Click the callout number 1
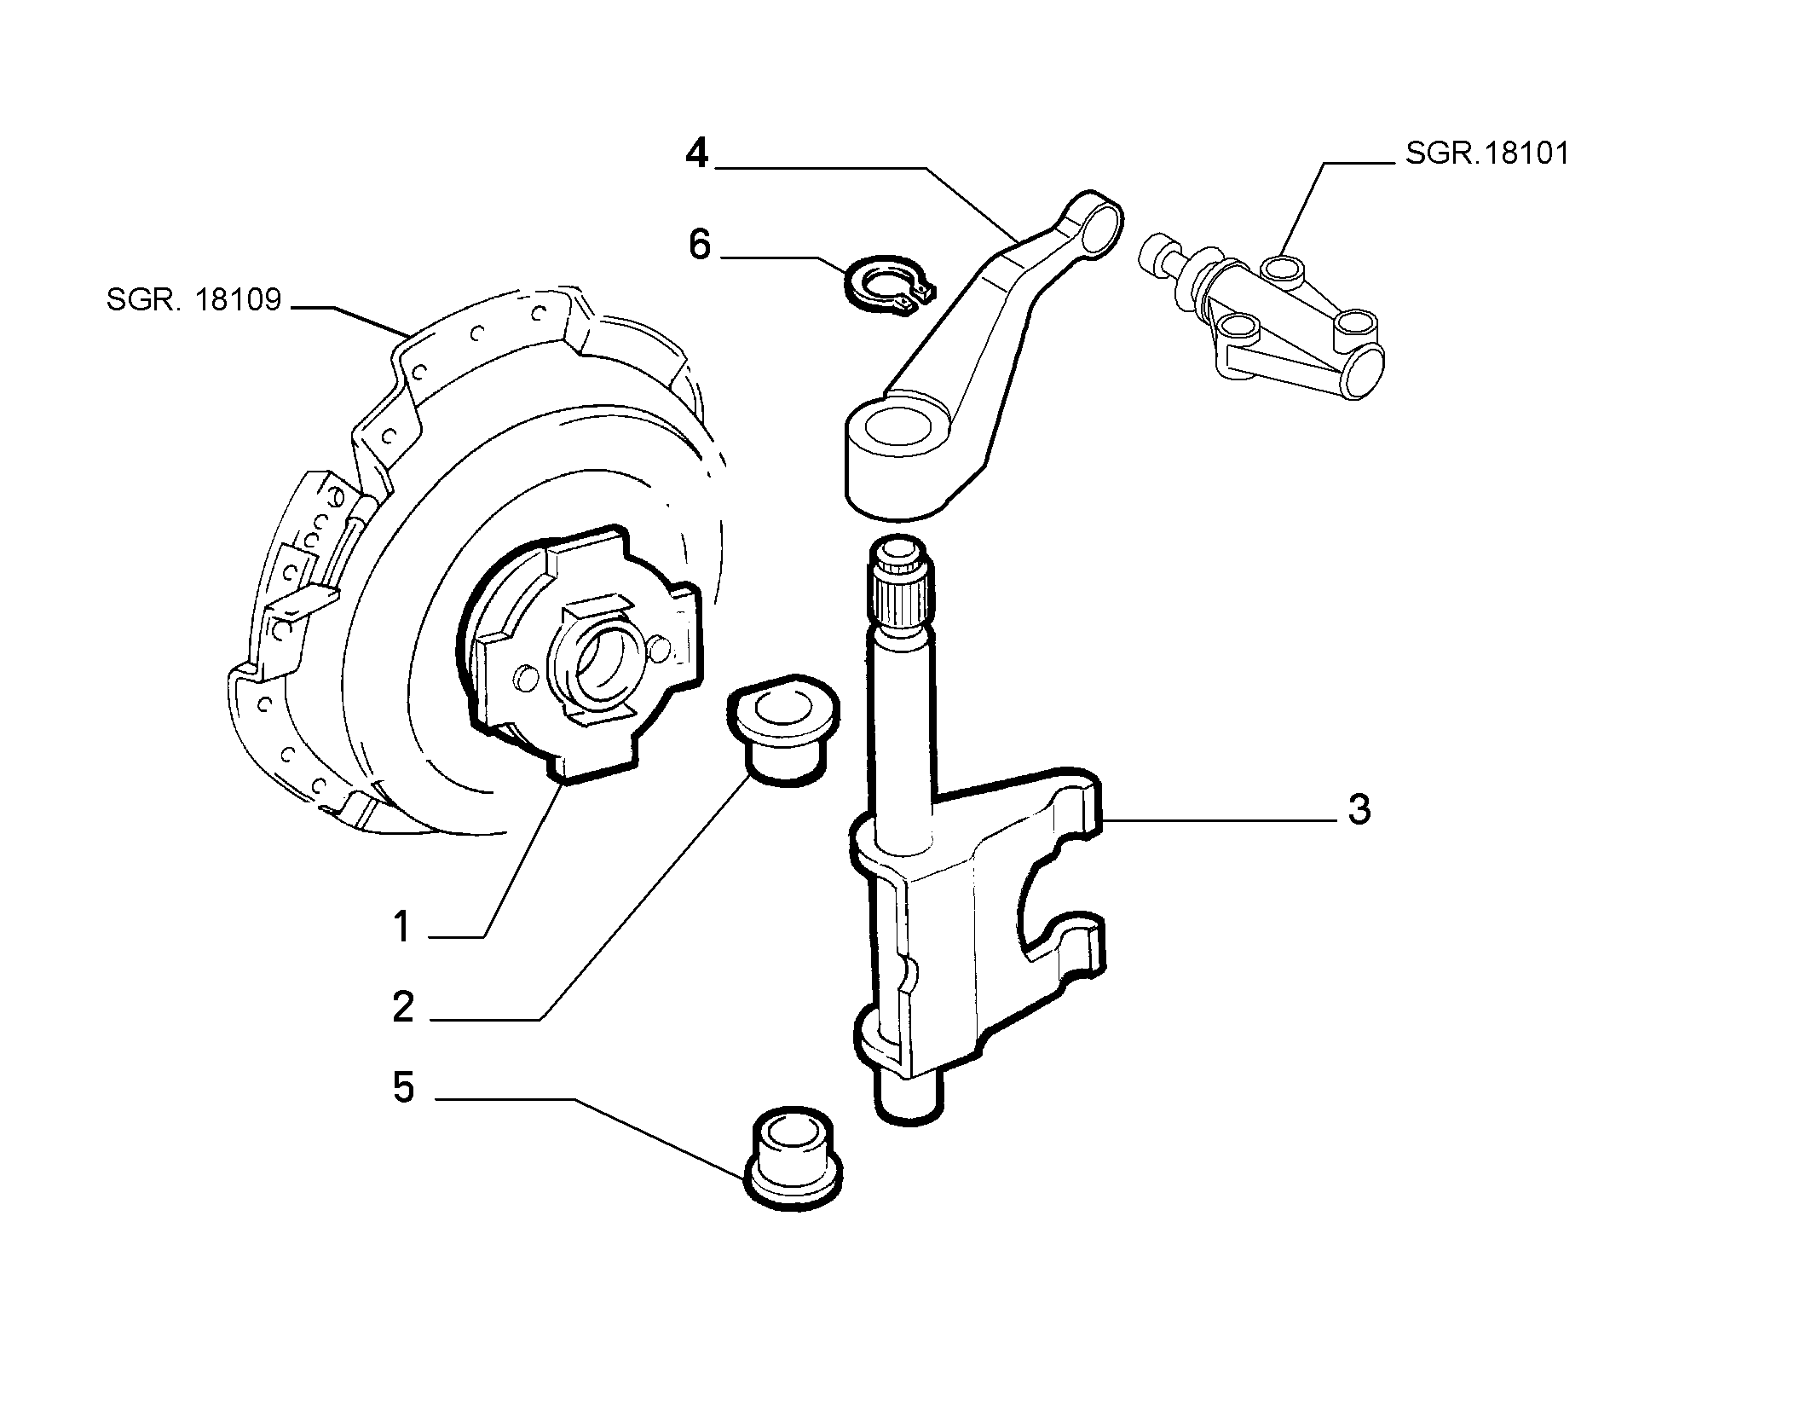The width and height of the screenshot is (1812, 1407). (402, 927)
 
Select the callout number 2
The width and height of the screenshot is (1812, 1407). (403, 1007)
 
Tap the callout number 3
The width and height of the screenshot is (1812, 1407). (1359, 809)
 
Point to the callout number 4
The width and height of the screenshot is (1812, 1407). (697, 153)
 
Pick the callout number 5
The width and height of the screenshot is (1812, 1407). (403, 1087)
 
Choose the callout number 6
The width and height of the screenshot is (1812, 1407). (699, 245)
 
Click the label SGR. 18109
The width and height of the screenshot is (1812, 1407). (193, 300)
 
